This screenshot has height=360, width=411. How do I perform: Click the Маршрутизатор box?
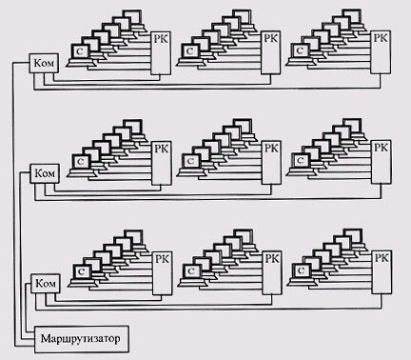click(x=82, y=339)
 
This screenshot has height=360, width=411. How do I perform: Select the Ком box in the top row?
click(x=44, y=63)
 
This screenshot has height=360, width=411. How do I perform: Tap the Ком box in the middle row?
click(x=45, y=173)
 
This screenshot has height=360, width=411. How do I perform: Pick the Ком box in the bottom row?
click(x=46, y=284)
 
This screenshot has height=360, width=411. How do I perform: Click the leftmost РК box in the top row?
click(x=161, y=53)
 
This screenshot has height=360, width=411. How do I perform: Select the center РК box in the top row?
click(x=270, y=53)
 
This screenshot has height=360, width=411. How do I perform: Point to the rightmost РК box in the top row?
click(x=381, y=52)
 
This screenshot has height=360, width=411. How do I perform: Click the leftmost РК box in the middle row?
click(x=162, y=163)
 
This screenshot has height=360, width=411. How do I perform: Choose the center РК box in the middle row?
click(x=271, y=163)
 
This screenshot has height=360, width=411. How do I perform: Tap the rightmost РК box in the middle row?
click(x=382, y=162)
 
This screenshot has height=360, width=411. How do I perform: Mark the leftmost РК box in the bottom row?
click(x=163, y=273)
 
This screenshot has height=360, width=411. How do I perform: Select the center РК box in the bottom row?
click(x=272, y=273)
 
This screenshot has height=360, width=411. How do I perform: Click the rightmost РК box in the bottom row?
click(x=382, y=272)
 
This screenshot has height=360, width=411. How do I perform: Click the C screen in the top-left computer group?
click(x=80, y=50)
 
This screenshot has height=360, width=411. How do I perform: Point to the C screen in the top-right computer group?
click(x=300, y=50)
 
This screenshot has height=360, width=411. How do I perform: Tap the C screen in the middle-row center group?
click(x=190, y=161)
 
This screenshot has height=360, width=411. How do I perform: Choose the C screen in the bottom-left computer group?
click(x=82, y=271)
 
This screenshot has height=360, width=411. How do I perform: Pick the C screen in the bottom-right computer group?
click(x=302, y=270)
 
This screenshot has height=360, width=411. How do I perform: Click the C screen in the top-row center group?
click(x=189, y=50)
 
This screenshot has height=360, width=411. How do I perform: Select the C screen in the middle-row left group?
click(x=81, y=161)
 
